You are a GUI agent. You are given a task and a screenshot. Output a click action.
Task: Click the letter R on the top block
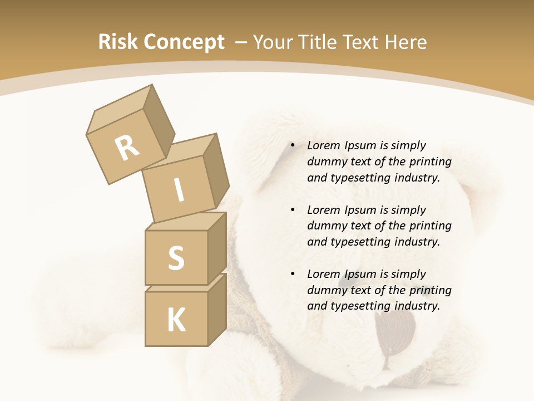(x=127, y=149)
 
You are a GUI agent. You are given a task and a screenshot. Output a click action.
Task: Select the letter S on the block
(x=176, y=258)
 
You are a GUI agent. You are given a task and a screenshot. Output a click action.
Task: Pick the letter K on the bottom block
(x=176, y=320)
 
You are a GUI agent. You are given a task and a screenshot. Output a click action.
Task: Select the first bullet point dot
(x=293, y=145)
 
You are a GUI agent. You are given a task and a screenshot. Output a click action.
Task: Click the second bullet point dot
(x=293, y=210)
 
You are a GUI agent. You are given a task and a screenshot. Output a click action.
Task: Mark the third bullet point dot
(x=293, y=274)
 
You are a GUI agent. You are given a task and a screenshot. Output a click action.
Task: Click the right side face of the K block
(x=217, y=309)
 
